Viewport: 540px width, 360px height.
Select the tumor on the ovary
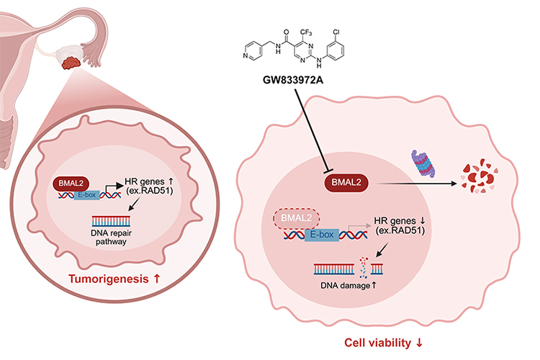point(71,63)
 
